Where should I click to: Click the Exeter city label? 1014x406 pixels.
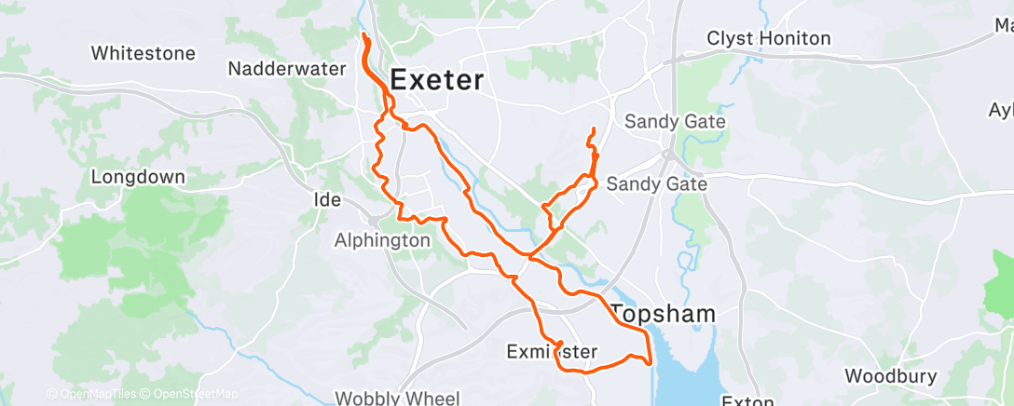tap(437, 80)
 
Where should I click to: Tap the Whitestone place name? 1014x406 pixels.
tap(144, 53)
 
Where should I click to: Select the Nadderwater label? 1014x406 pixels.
tap(287, 69)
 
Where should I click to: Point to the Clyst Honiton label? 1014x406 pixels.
tap(769, 38)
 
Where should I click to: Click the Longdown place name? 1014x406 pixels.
tap(138, 176)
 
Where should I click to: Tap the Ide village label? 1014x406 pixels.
tap(329, 199)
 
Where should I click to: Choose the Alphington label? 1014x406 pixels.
tap(382, 240)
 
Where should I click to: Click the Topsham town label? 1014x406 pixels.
tap(664, 314)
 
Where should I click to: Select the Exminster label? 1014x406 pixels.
tap(551, 351)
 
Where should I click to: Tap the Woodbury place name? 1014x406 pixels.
tap(890, 376)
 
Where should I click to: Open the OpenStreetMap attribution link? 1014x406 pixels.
tap(196, 394)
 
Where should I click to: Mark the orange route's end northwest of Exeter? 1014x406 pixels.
tap(363, 36)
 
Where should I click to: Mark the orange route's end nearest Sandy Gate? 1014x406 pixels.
tap(591, 127)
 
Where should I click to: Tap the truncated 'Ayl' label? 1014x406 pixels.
tap(1000, 109)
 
